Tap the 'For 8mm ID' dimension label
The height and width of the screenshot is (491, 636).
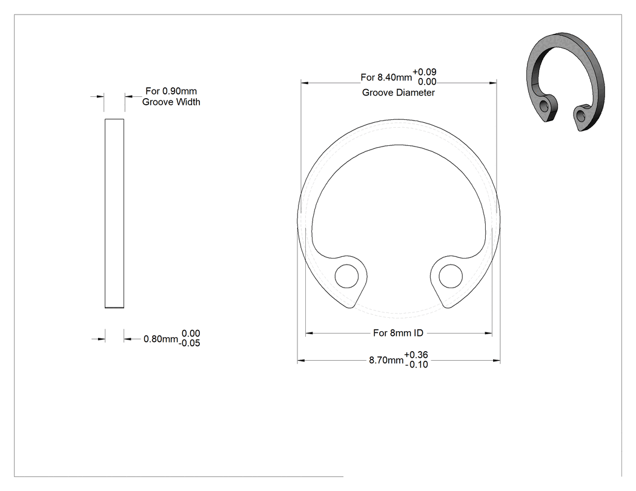tap(398, 333)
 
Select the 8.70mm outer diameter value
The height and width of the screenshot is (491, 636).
tap(386, 360)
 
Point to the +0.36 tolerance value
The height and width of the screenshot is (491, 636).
tap(416, 355)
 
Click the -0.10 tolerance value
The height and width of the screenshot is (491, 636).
tap(417, 364)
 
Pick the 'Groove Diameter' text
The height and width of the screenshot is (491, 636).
tap(399, 93)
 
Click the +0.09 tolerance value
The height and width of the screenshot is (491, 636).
tap(425, 72)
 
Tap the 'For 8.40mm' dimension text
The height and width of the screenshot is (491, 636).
tap(386, 77)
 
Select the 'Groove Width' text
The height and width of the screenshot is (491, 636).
tap(171, 102)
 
